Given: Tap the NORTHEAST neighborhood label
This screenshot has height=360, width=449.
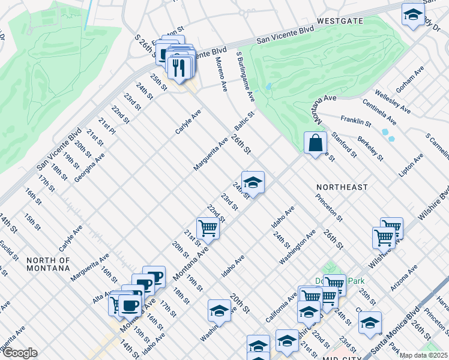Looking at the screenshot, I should coord(342,187).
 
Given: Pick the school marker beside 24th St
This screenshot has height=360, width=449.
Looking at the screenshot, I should coord(253,183).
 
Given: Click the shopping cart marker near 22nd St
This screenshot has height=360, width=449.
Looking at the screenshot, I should coord(208,228).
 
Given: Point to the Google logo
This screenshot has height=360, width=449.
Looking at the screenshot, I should coord(19,353).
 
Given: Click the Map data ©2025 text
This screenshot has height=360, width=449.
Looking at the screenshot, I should coord(423,355).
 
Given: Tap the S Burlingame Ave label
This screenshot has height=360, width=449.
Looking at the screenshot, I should coord(246,76).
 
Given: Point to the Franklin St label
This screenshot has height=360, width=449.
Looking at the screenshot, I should coord(355,121).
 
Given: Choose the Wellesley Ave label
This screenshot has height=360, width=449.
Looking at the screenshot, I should coord(393,102).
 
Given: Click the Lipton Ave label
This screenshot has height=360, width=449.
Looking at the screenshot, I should coord(411,165).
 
